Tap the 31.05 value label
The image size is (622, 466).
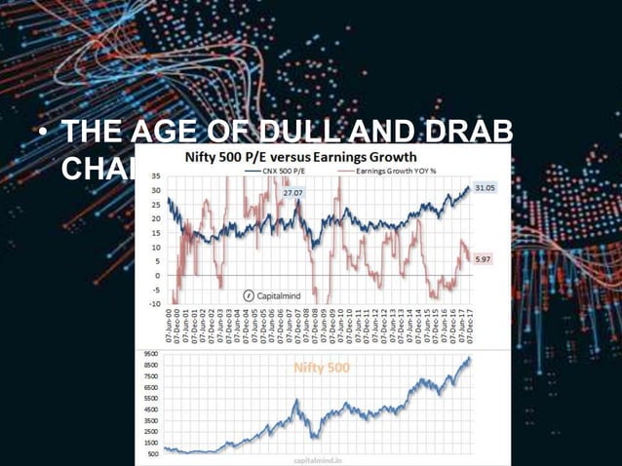[x=485, y=186]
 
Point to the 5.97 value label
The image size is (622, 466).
[x=482, y=259]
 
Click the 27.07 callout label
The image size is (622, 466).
[x=293, y=194]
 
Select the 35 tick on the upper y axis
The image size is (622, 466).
[x=156, y=176]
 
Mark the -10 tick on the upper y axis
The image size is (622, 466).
[x=154, y=303]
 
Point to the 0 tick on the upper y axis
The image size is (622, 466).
[x=158, y=275]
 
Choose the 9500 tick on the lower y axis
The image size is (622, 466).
[x=151, y=353]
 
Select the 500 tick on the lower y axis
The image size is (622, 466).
[x=153, y=453]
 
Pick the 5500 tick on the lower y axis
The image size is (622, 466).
[x=151, y=398]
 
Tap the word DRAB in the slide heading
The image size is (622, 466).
[x=469, y=132]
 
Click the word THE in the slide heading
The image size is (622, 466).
[x=93, y=132]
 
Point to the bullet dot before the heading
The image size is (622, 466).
[x=42, y=133]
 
